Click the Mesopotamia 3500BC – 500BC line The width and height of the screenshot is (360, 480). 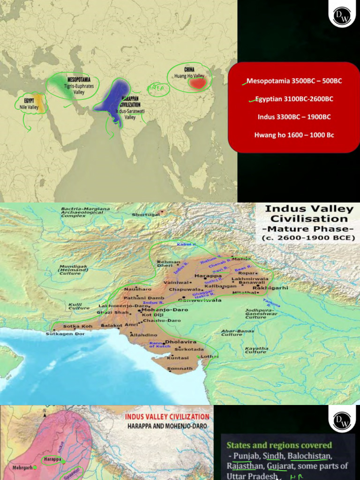(294, 81)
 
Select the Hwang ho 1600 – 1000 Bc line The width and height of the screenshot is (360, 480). (294, 135)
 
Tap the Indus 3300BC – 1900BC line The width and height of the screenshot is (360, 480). (294, 117)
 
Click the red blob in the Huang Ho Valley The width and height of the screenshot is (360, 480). (197, 83)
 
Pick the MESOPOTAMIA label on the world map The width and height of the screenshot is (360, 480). (79, 80)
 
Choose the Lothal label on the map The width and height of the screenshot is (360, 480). (209, 357)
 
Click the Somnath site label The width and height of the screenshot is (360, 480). (180, 369)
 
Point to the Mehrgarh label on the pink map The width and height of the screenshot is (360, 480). (22, 467)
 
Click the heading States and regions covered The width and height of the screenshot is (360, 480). (279, 445)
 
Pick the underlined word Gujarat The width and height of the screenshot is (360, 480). (280, 466)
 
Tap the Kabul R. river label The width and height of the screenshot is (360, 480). (186, 245)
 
